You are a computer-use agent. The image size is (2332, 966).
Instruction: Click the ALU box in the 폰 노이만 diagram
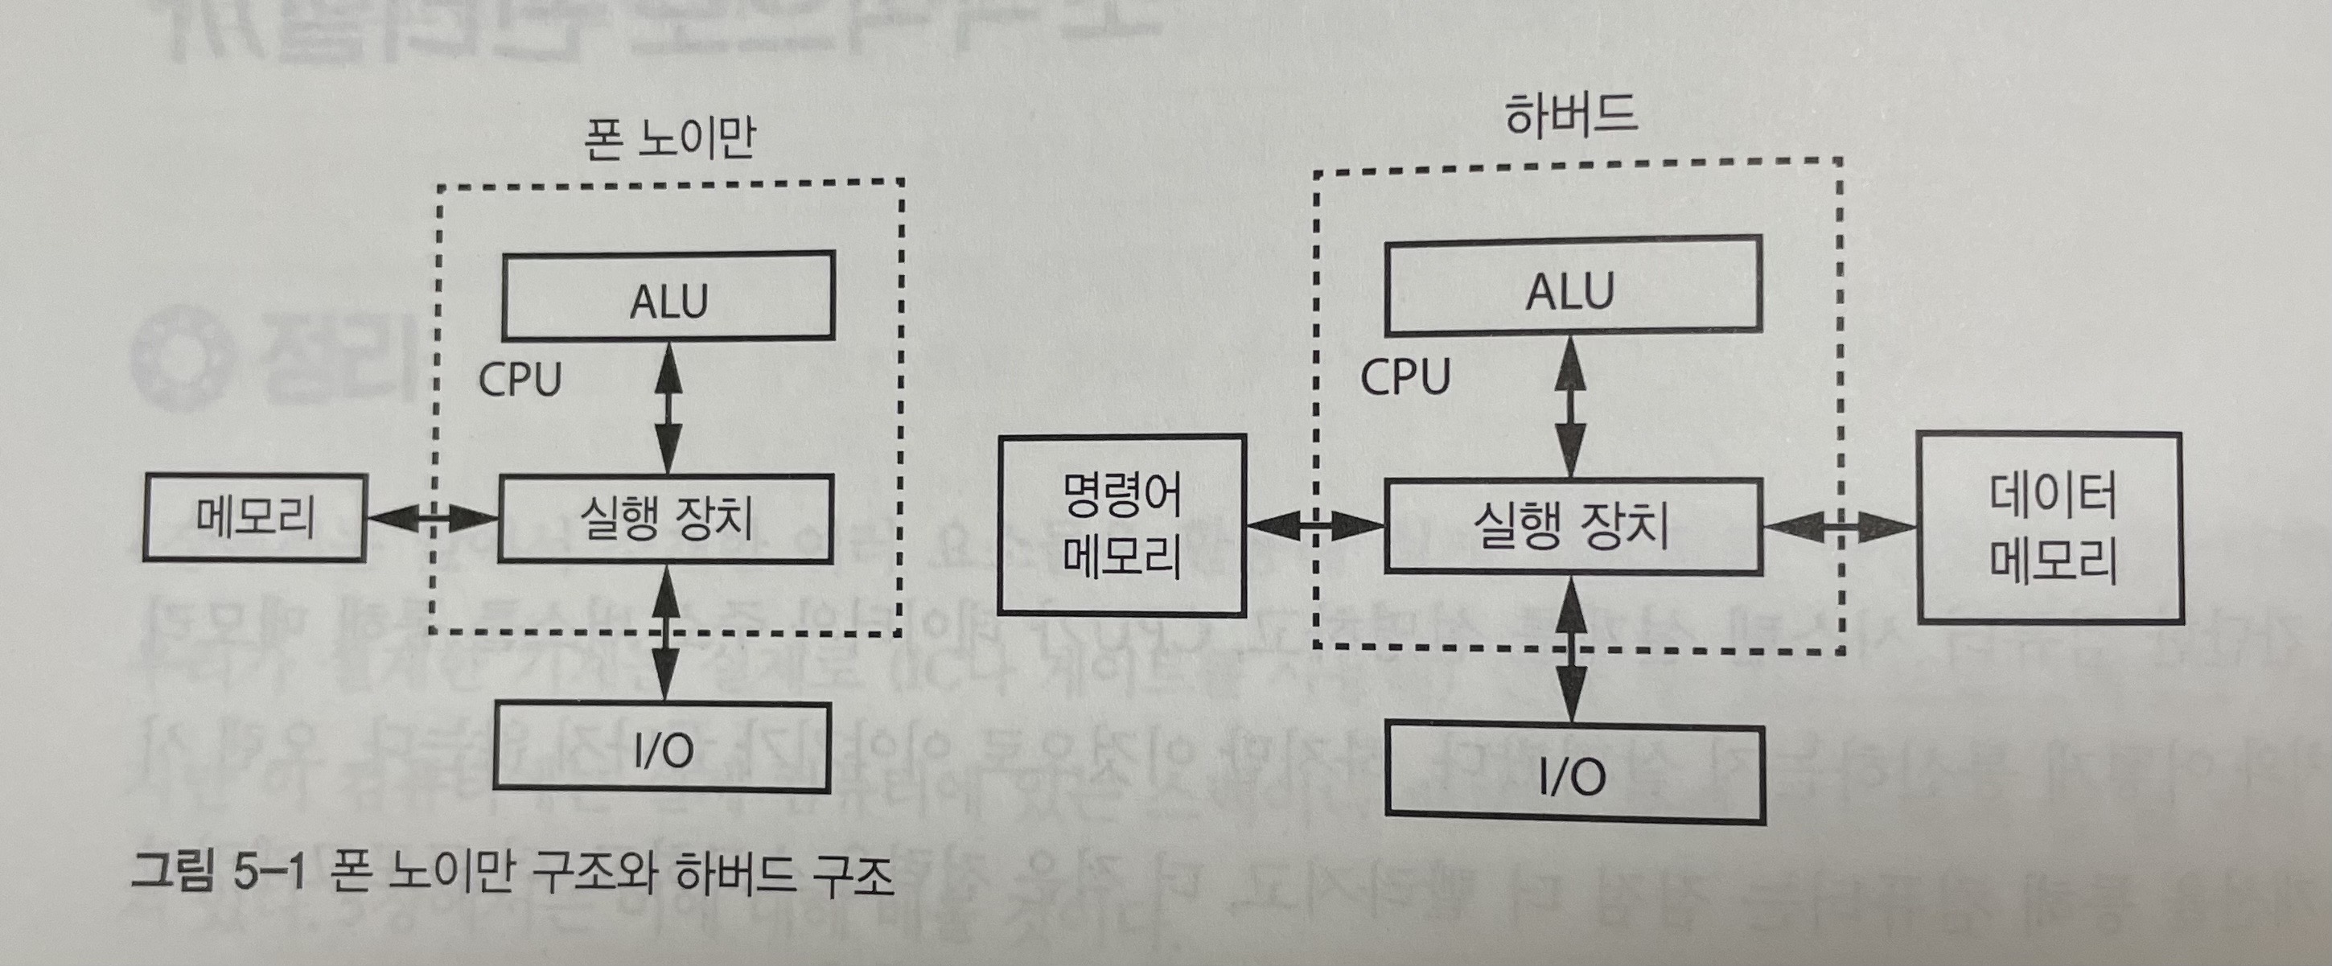668,297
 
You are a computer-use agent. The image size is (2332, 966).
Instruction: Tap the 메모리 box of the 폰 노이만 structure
253,518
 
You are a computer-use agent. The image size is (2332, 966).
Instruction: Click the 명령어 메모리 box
1121,525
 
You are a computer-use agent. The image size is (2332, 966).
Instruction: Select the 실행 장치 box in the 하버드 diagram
1573,527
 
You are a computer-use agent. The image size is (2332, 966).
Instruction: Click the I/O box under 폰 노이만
662,748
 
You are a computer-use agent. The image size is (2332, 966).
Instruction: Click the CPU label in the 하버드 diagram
1405,376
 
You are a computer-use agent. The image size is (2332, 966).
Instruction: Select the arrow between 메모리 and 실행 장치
432,518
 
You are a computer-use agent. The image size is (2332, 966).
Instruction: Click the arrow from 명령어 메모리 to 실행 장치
1315,525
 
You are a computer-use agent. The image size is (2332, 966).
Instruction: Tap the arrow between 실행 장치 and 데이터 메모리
1840,527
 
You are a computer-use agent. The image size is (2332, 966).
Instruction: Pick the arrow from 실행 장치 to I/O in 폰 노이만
666,632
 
